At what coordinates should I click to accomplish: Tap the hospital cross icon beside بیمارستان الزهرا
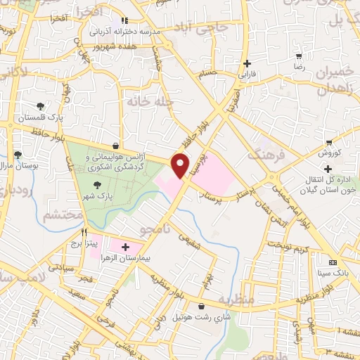126,247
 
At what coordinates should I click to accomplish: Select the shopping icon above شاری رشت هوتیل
202,307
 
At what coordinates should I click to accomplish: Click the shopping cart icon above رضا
299,56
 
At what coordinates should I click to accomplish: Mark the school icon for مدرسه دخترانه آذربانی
127,22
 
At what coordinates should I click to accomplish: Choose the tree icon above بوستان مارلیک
18,155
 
